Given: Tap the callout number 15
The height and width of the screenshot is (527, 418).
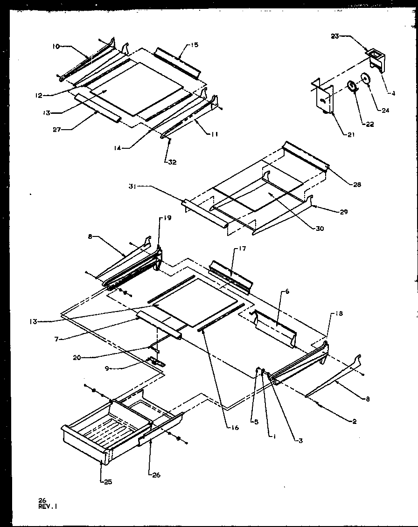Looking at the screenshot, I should tap(194, 45).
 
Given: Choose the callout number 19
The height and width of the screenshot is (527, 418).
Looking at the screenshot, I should tap(167, 218).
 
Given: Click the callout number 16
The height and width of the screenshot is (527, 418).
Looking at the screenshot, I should tap(234, 427).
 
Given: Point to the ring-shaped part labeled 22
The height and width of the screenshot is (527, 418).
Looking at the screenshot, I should tap(351, 87).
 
